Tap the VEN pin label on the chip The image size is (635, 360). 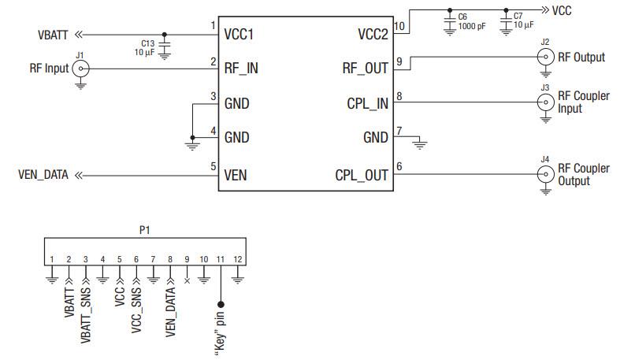(236, 175)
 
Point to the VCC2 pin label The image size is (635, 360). (372, 35)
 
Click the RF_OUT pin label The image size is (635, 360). (366, 69)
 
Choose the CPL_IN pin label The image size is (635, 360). (368, 103)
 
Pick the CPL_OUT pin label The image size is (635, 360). (362, 175)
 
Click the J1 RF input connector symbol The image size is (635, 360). (80, 69)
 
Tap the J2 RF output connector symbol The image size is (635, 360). (544, 57)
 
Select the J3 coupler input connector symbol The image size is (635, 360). (544, 102)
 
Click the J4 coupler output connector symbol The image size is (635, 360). (544, 175)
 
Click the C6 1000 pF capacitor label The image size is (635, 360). (464, 20)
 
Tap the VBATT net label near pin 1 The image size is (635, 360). (53, 35)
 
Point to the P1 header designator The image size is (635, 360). (143, 230)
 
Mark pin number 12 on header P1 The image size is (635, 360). (238, 259)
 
